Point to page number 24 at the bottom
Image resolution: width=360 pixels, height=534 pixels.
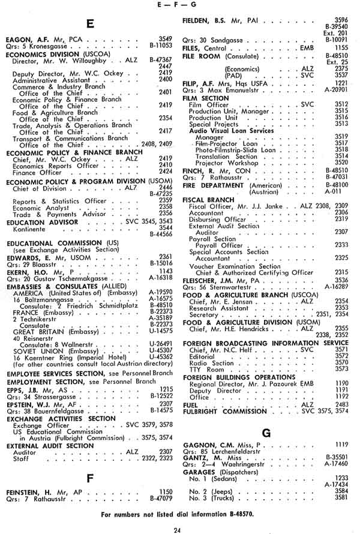tap(178, 529)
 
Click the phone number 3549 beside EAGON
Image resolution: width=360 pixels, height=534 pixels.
tap(165, 38)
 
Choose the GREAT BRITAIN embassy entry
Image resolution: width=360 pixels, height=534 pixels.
tap(41, 331)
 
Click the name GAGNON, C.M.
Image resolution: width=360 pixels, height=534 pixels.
tap(209, 444)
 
